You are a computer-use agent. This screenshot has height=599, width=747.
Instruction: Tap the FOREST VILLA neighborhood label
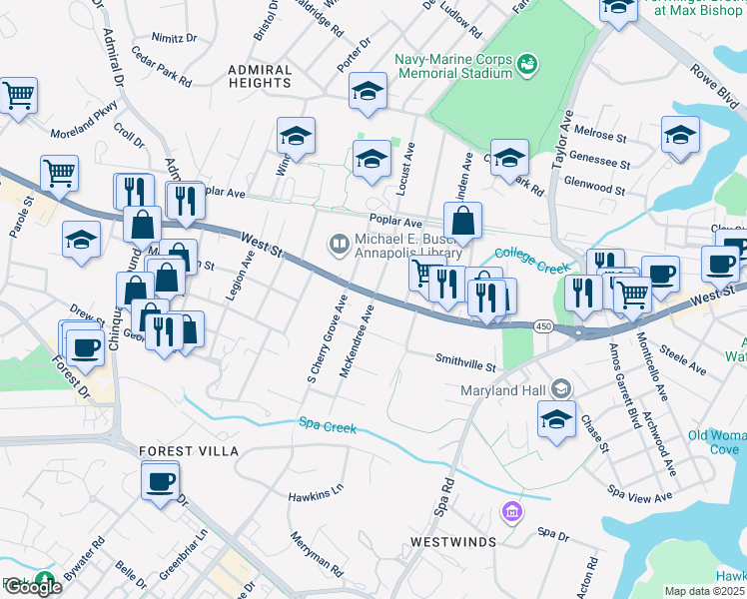coord(190,451)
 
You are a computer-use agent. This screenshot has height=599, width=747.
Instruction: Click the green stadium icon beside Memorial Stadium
coord(527,66)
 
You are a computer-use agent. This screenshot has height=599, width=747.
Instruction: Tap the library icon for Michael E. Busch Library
coord(339,243)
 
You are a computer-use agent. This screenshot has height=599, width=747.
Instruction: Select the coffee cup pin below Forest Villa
coord(160,482)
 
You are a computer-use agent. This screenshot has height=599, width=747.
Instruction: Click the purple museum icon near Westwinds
coord(511,512)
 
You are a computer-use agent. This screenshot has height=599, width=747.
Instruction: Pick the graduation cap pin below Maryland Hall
coord(556,419)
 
